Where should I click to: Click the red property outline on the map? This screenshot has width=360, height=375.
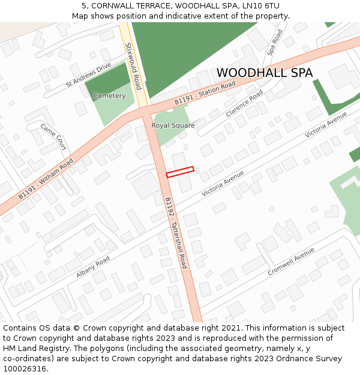[180, 172]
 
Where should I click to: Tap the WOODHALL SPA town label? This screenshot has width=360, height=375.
[265, 73]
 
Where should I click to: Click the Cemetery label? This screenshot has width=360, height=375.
[110, 96]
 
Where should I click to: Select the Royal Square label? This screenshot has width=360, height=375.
[173, 125]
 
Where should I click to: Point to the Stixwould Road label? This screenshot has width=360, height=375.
[133, 66]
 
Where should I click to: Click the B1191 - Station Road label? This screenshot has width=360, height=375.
[205, 94]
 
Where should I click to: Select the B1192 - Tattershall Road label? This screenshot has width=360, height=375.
[176, 233]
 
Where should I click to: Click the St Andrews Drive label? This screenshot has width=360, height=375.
[89, 75]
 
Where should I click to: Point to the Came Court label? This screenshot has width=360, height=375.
[53, 137]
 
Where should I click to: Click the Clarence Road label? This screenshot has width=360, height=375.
[244, 103]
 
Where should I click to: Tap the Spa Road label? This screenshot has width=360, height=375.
[275, 43]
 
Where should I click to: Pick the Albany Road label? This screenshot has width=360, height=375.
[93, 267]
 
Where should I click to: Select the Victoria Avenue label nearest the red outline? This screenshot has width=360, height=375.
[223, 184]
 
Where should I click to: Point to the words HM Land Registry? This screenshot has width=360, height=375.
[32, 348]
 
